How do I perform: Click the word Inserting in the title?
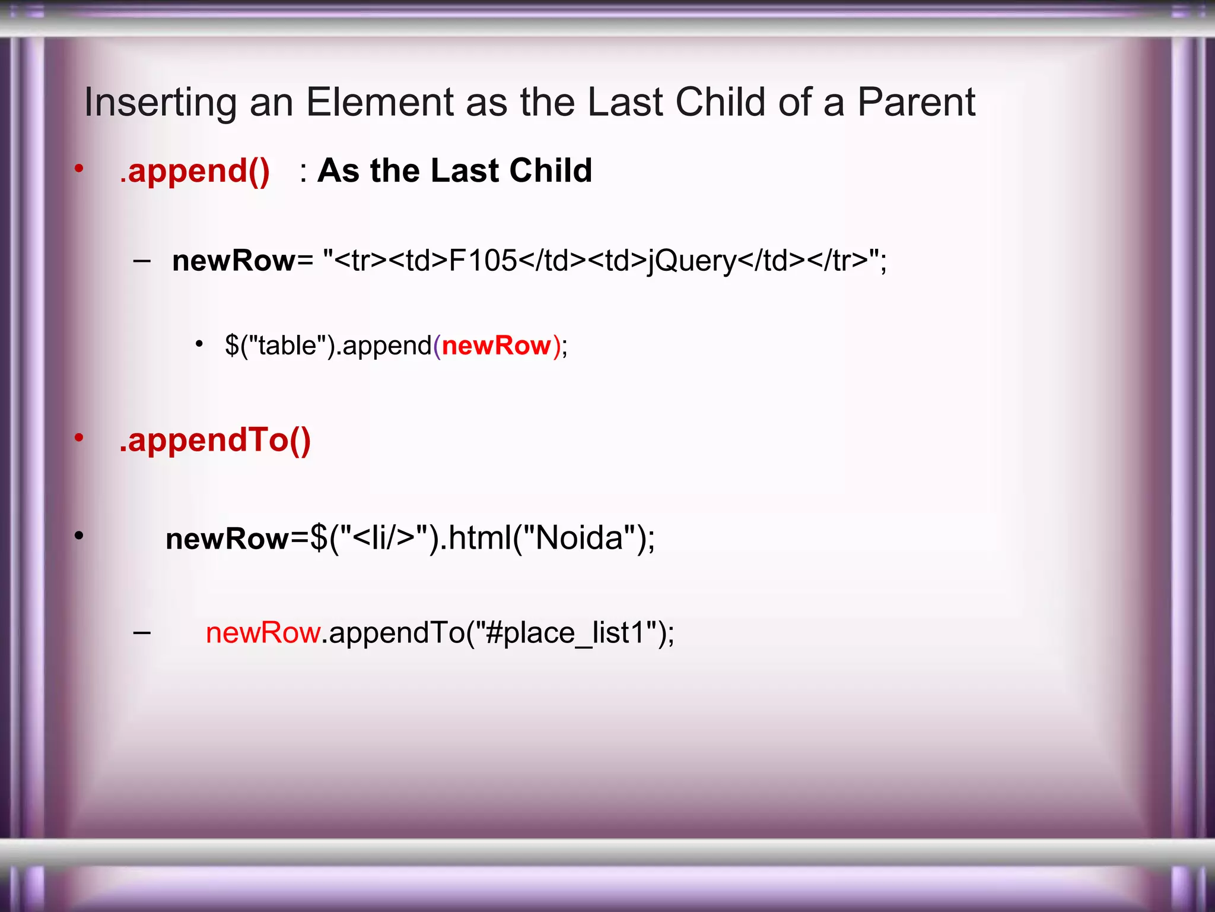(160, 103)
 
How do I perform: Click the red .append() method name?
(195, 171)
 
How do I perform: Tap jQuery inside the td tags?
(692, 262)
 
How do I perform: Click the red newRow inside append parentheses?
(497, 345)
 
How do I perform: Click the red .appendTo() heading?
(215, 440)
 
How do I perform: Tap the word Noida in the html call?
(579, 538)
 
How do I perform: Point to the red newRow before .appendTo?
(263, 633)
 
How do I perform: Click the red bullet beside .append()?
(79, 169)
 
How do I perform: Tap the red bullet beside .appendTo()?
(79, 438)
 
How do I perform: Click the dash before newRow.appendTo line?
(142, 633)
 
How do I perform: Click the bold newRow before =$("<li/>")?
(227, 539)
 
